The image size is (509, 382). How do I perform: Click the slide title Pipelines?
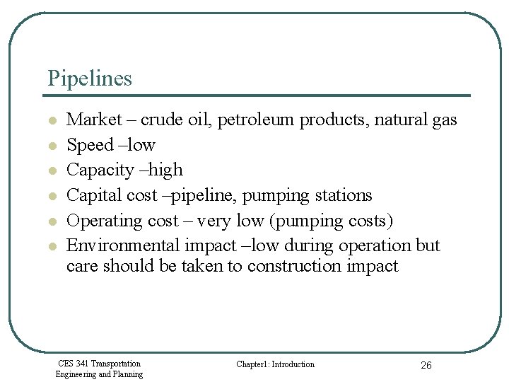point(90,78)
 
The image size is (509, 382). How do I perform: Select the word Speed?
point(90,145)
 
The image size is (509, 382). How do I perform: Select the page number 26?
point(426,365)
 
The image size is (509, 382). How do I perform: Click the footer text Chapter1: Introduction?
point(275,364)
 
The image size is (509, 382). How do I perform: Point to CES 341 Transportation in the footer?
point(99,364)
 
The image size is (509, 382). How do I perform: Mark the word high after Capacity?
point(167,170)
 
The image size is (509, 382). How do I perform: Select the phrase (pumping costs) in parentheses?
point(332,221)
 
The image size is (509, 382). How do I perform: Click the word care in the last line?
point(82,267)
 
